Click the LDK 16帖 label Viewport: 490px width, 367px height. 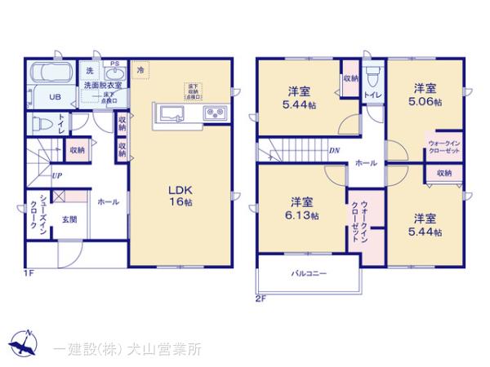tap(180, 195)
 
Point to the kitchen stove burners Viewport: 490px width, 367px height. tap(216, 113)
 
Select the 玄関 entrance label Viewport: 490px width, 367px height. tap(69, 219)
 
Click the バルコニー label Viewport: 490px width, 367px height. tap(309, 274)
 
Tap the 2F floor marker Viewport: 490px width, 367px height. tap(261, 298)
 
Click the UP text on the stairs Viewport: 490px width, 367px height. tap(56, 175)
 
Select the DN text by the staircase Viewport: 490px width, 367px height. tap(334, 151)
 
